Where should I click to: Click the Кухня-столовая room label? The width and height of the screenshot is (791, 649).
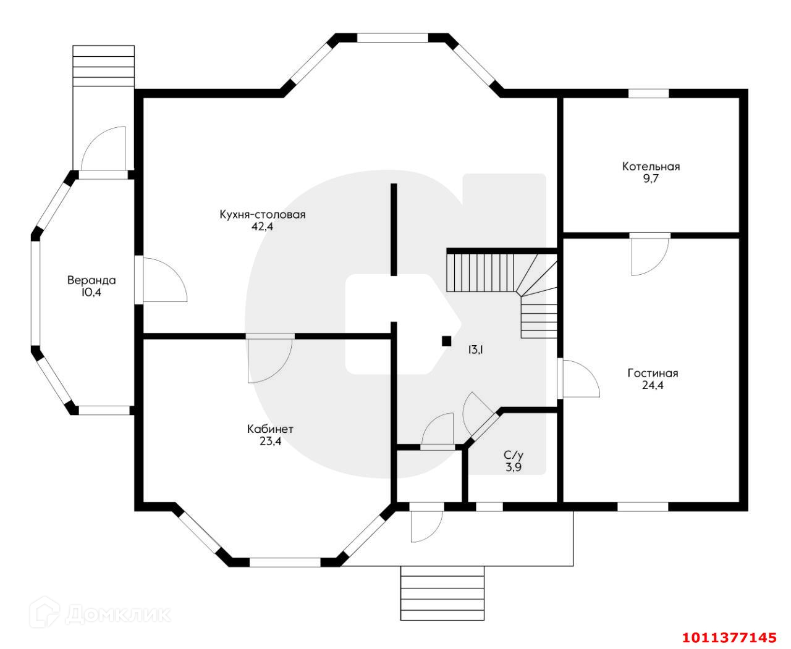click(262, 215)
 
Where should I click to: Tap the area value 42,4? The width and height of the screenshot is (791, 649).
click(262, 227)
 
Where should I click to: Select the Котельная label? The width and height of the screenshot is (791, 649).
click(651, 166)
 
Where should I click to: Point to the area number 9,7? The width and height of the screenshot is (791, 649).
click(651, 178)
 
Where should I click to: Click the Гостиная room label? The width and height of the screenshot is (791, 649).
click(653, 373)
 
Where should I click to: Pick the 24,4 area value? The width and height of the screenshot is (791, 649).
click(653, 385)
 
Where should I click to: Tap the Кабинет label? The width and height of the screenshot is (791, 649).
click(270, 429)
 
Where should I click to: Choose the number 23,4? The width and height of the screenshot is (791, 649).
click(270, 441)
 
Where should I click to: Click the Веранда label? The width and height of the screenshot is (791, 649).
click(91, 280)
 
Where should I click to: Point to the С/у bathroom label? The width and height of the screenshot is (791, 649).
click(513, 456)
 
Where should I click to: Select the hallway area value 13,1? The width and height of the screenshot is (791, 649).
click(475, 350)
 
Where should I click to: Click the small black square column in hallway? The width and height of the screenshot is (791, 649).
click(446, 340)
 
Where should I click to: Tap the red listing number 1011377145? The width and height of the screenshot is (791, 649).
click(728, 637)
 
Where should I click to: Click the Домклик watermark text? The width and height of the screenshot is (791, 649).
click(117, 614)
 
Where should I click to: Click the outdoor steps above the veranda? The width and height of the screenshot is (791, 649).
click(103, 65)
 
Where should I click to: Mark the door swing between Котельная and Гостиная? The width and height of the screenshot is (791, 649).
click(649, 254)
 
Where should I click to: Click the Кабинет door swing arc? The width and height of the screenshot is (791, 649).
click(271, 359)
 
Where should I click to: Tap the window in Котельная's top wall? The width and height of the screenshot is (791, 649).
click(648, 94)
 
